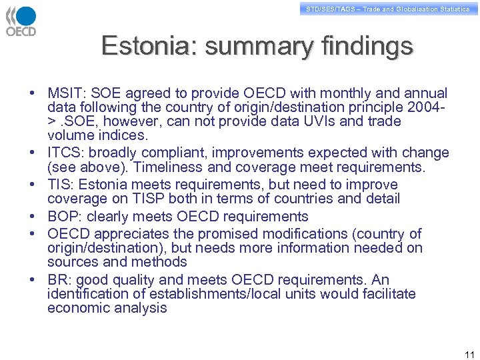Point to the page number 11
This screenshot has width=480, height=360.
pyautogui.click(x=469, y=354)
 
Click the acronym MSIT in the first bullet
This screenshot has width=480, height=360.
pyautogui.click(x=65, y=93)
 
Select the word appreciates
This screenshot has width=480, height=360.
pyautogui.click(x=134, y=233)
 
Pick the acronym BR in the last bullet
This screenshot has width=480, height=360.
pyautogui.click(x=59, y=279)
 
